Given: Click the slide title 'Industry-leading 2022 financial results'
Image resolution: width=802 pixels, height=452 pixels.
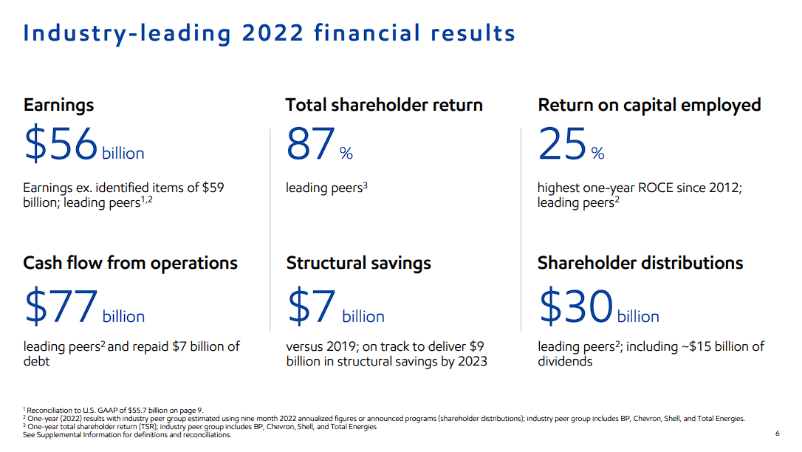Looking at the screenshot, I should pos(269,33).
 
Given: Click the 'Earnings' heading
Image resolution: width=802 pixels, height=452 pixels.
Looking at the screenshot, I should pos(58,105).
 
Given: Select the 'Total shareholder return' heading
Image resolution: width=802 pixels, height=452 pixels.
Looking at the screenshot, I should pos(384,105).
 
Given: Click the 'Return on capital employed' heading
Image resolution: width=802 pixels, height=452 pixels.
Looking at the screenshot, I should pos(649,105).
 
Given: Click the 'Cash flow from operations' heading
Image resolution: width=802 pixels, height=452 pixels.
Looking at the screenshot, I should pos(130,263).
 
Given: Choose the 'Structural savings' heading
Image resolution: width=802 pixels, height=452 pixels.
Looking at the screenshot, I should pos(358,263).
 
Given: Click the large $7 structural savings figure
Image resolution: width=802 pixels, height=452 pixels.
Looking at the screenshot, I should pos(311,307).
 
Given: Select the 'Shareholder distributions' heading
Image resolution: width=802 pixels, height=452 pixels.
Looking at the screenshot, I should pos(640,263).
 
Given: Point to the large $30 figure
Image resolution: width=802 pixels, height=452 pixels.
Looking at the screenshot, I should pos(576,307).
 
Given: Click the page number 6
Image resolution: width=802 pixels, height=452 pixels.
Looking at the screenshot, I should pos(777,434).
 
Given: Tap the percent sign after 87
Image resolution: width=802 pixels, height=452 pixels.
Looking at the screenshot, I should pos(346,154).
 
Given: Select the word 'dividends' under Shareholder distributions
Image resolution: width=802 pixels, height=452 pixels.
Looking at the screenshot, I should pos(565,361).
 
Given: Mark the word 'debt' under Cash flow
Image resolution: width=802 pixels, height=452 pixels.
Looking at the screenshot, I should pos(37,361).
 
